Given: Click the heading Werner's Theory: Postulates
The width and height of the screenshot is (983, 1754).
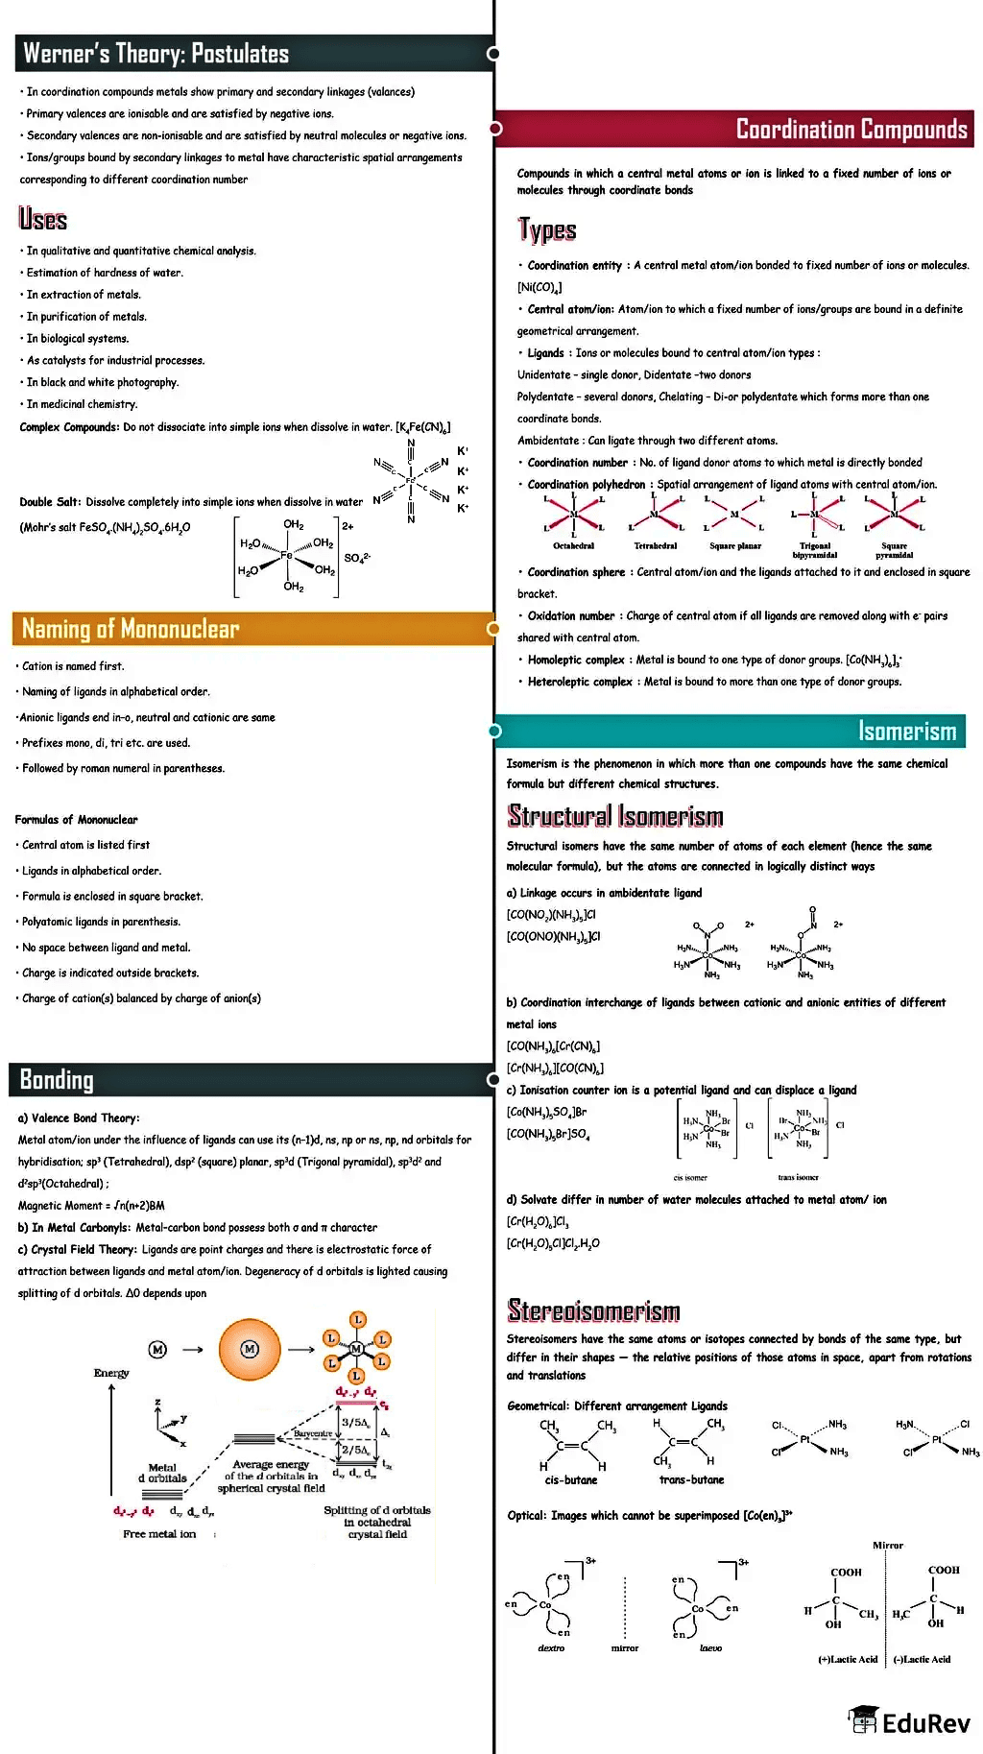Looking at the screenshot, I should tap(156, 54).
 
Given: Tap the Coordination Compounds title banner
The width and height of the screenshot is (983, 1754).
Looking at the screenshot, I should tap(851, 130).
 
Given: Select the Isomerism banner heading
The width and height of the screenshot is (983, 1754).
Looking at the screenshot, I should tap(906, 732).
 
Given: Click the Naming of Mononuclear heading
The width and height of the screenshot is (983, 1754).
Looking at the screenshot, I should tap(131, 629).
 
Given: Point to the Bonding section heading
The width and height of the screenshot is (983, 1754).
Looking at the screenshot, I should tap(57, 1080).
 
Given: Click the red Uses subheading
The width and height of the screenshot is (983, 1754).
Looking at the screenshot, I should tap(43, 220).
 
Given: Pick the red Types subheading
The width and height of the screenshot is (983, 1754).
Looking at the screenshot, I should tap(546, 230).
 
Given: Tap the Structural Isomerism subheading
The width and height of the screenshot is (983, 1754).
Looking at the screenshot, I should tap(614, 816).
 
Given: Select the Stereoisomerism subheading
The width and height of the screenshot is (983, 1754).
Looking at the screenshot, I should tap(593, 1310).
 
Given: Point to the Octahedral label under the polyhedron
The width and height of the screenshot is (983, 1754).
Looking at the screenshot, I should tap(573, 546).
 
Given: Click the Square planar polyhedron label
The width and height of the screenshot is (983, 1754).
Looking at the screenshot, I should tap(735, 546).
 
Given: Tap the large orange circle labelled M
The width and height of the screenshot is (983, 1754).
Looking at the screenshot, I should tap(250, 1349).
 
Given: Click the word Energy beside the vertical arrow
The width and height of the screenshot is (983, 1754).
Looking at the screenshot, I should tap(111, 1373).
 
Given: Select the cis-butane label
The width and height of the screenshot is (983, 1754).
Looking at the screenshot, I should tap(571, 1479).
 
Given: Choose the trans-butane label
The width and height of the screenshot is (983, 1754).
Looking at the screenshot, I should tap(691, 1479).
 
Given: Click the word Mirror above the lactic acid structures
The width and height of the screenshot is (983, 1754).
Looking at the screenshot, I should tap(888, 1545).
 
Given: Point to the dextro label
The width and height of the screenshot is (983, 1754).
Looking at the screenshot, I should tap(551, 1647).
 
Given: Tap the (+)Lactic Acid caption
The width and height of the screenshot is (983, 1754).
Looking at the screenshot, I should tap(848, 1659).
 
